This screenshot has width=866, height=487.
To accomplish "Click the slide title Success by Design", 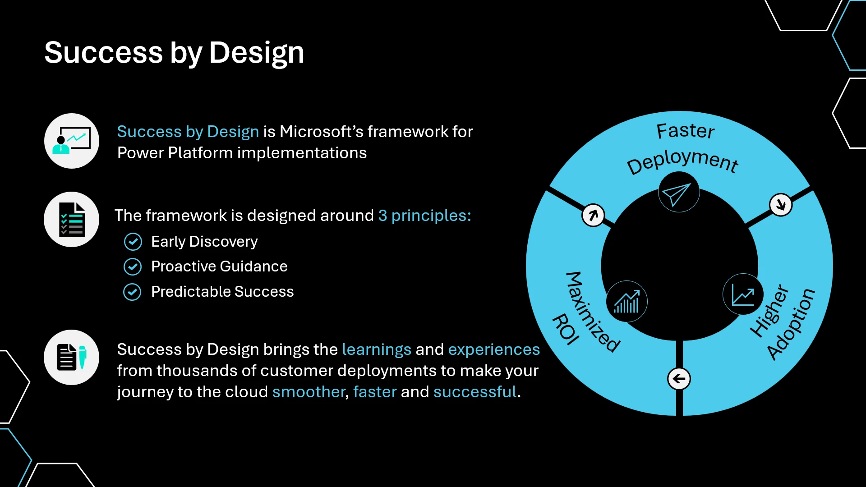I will pyautogui.click(x=174, y=53).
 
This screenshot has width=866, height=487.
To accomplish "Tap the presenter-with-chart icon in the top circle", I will pyautogui.click(x=72, y=141).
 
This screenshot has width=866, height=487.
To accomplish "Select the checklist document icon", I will pyautogui.click(x=72, y=220).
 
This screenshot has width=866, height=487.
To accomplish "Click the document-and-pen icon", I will pyautogui.click(x=72, y=357).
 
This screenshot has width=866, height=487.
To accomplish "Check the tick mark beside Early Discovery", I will pyautogui.click(x=133, y=242).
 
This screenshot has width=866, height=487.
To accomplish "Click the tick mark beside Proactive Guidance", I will pyautogui.click(x=133, y=266).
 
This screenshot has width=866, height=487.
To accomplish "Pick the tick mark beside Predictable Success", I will pyautogui.click(x=132, y=292).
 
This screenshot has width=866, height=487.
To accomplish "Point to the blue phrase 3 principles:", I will pyautogui.click(x=424, y=216).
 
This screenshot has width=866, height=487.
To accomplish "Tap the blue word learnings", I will pyautogui.click(x=377, y=349).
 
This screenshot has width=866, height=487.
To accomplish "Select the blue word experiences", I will pyautogui.click(x=494, y=349).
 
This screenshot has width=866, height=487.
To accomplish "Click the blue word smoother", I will pyautogui.click(x=309, y=392).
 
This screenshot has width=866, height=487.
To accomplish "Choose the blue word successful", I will pyautogui.click(x=474, y=392).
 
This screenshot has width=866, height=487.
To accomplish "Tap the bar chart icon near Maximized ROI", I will pyautogui.click(x=626, y=301).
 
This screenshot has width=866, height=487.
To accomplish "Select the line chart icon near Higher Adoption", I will pyautogui.click(x=743, y=294).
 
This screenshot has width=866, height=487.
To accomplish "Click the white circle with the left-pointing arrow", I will pyautogui.click(x=679, y=379).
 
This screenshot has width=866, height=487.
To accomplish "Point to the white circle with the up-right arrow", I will pyautogui.click(x=593, y=215).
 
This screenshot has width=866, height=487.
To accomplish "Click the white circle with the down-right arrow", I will pyautogui.click(x=781, y=205).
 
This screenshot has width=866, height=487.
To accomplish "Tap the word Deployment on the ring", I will pyautogui.click(x=682, y=161).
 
